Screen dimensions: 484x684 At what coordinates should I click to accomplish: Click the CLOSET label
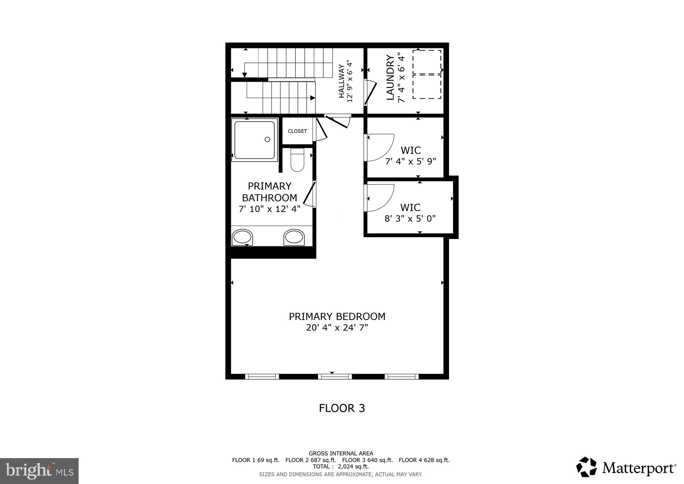point(297,131)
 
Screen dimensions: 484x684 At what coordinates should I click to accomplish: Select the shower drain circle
point(267,139)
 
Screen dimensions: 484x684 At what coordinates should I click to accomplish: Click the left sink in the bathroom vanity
point(242,237)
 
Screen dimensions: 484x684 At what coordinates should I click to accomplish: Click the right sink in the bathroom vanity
point(294,237)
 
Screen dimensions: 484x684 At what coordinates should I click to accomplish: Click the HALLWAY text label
point(341,81)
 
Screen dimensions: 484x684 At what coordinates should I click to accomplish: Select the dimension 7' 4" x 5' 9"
point(411,162)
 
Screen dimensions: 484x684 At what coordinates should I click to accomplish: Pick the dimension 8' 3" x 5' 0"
point(410,219)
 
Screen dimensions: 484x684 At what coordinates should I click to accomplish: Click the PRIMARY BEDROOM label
point(337,317)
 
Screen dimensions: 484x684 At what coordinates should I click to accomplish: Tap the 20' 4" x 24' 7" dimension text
point(337,328)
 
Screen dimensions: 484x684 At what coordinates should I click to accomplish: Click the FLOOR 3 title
point(342,408)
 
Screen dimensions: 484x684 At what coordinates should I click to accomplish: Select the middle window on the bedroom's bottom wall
point(335,376)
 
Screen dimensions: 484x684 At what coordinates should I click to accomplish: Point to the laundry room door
point(371,92)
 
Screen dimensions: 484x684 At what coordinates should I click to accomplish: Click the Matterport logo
point(626,467)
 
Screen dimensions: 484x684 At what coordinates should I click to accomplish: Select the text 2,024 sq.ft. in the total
point(353,467)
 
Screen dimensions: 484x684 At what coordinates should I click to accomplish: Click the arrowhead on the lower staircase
point(312,98)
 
